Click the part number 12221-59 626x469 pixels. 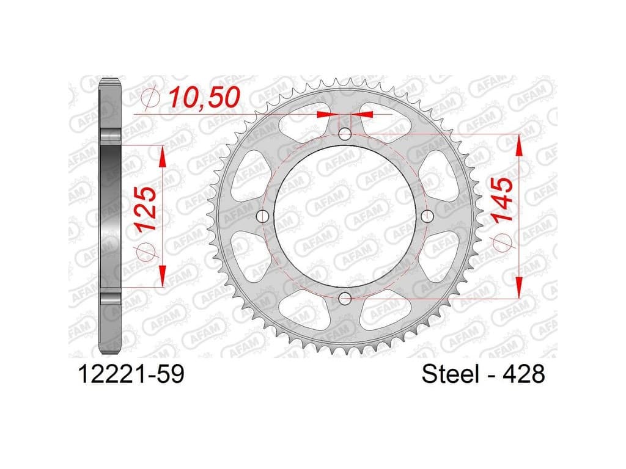point(132,374)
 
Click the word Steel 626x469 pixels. point(451,374)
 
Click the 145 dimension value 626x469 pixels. point(502,200)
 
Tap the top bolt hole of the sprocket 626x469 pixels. point(345,134)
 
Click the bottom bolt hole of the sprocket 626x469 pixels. point(345,297)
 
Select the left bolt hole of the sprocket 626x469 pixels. point(262,216)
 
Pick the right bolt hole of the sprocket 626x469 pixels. point(427,216)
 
